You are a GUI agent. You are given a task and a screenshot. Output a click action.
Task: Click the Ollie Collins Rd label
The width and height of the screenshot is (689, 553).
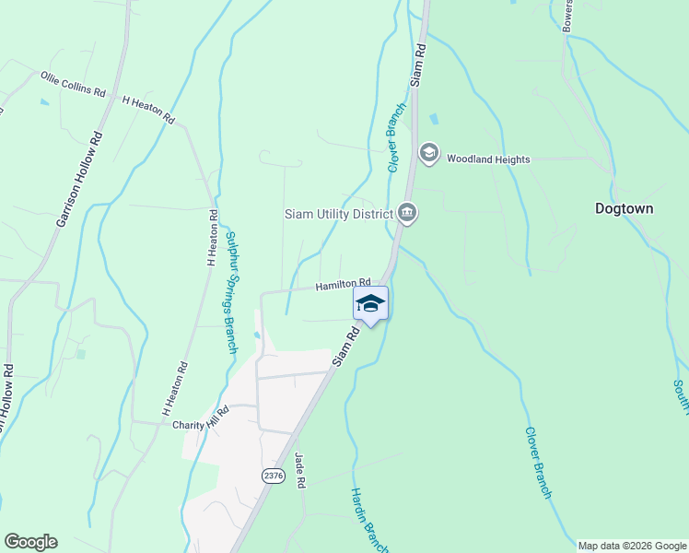click(x=73, y=83)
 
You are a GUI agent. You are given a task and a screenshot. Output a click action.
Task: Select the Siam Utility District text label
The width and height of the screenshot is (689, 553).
click(x=338, y=215)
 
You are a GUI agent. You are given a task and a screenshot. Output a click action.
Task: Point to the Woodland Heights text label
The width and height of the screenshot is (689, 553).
click(x=488, y=159)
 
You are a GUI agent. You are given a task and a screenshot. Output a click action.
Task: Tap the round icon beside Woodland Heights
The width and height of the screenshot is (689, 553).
click(x=428, y=153)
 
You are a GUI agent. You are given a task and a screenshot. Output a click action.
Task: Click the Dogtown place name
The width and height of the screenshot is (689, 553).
click(x=624, y=208)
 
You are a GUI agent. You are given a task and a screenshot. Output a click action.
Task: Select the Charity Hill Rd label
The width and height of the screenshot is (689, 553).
click(x=200, y=426)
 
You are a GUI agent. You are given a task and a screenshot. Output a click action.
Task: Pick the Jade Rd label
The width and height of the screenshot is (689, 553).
click(x=299, y=471)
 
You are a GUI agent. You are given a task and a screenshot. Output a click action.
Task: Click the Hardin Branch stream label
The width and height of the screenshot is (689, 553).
click(x=365, y=516)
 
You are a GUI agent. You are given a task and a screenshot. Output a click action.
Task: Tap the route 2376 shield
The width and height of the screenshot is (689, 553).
click(x=273, y=476)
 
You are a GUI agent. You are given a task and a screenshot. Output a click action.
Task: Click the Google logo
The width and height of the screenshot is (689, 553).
click(x=30, y=542)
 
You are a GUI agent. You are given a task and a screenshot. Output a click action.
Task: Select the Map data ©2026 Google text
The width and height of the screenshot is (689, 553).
click(x=631, y=546)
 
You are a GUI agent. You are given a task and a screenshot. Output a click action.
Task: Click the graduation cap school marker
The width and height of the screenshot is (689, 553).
click(x=370, y=303)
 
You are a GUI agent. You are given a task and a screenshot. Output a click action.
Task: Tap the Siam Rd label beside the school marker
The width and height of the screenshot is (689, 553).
click(x=344, y=343)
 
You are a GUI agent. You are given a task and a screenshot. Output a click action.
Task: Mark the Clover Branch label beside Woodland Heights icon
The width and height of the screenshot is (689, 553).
click(x=396, y=138)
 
